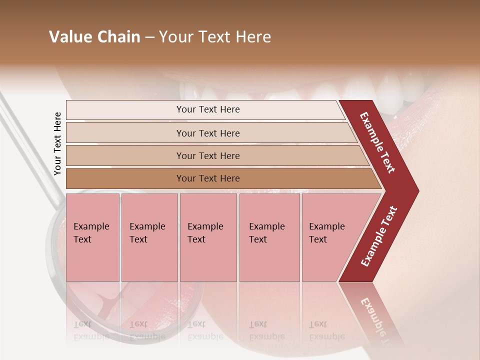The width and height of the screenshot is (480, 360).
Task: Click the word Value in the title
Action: coord(68,37)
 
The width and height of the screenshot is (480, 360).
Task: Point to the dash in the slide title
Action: coord(149,37)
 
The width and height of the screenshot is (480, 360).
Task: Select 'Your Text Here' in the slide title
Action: coord(214,37)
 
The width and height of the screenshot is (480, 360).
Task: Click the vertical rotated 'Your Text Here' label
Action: coord(57,143)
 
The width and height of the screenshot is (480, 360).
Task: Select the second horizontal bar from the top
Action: coord(208,133)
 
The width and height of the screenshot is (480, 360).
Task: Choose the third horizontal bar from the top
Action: coord(208,155)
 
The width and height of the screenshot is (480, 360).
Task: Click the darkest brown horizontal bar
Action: coord(208,178)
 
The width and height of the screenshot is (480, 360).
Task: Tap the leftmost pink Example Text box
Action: coord(92,237)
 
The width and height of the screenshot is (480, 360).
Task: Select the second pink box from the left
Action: coord(149,237)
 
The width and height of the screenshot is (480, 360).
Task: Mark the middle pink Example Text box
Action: coord(208,237)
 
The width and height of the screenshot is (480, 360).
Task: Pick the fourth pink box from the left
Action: coord(269,237)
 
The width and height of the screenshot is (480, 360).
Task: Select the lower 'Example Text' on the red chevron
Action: coord(379,236)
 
